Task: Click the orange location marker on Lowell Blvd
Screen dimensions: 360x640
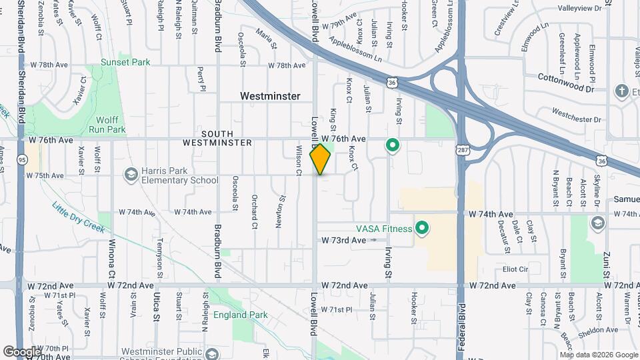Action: pyautogui.click(x=321, y=159)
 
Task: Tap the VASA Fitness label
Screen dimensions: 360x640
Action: pyautogui.click(x=383, y=228)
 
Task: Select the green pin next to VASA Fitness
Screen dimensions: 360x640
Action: pyautogui.click(x=421, y=229)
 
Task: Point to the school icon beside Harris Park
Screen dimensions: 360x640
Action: pyautogui.click(x=131, y=175)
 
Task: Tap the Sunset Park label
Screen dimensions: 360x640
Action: pyautogui.click(x=125, y=62)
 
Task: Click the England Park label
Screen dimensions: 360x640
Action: pyautogui.click(x=241, y=315)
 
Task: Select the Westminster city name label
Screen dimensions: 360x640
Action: pyautogui.click(x=270, y=96)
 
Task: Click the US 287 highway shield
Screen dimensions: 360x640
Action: pyautogui.click(x=462, y=151)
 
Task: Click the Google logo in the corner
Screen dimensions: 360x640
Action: pyautogui.click(x=21, y=351)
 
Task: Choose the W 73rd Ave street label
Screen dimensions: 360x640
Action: pyautogui.click(x=344, y=239)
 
